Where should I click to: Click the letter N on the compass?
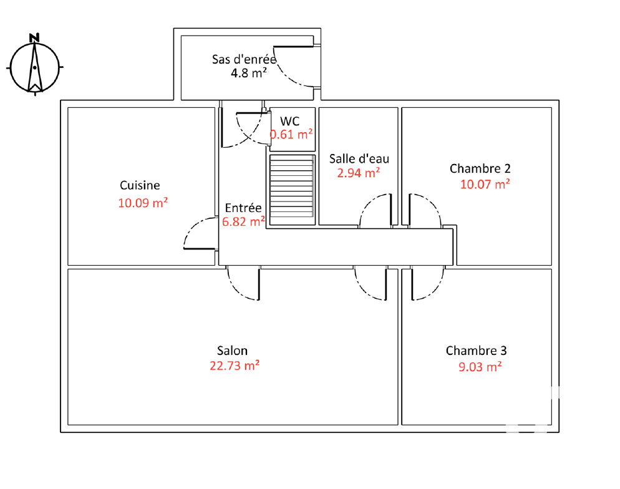click(34, 37)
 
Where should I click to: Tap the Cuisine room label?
click(140, 185)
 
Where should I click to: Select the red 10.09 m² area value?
click(143, 203)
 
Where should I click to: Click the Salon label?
click(233, 351)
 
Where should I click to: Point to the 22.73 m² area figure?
click(235, 366)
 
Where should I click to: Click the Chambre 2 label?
click(480, 169)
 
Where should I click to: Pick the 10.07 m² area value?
click(485, 184)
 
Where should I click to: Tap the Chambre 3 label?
click(476, 351)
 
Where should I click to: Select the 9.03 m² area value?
click(480, 367)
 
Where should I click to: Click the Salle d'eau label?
click(359, 159)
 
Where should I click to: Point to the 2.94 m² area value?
click(358, 173)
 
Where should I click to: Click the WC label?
click(290, 121)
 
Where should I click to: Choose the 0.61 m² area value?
click(291, 134)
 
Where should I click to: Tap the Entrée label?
click(243, 208)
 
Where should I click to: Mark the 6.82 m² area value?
click(243, 222)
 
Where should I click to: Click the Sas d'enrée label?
click(244, 59)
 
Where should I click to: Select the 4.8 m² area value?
click(249, 73)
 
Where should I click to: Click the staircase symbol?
click(292, 190)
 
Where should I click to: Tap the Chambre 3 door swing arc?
click(435, 291)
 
